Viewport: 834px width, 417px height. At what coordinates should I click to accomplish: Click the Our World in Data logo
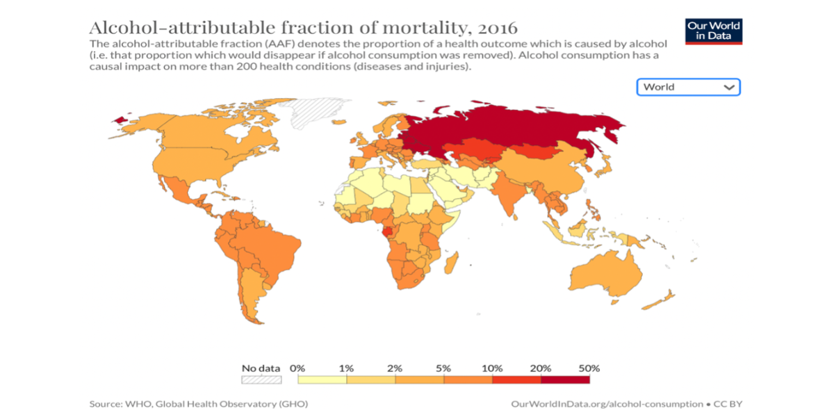pos(714,31)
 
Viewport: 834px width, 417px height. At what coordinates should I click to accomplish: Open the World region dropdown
pos(688,87)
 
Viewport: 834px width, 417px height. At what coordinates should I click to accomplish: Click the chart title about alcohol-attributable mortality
pos(303,28)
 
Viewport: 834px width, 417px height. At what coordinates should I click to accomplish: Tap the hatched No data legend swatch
pos(261,379)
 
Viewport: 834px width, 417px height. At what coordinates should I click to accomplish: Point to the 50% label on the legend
pos(589,368)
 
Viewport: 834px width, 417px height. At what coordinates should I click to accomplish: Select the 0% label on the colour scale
pos(297,368)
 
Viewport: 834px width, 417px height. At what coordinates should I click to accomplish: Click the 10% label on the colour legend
pos(492,368)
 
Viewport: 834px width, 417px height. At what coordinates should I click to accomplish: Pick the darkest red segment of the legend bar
pos(565,379)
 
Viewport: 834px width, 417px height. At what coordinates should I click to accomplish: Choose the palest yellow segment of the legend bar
pos(322,379)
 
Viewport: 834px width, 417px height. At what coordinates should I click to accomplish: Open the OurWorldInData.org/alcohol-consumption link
pos(606,404)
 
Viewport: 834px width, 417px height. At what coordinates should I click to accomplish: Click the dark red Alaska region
pos(122,120)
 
